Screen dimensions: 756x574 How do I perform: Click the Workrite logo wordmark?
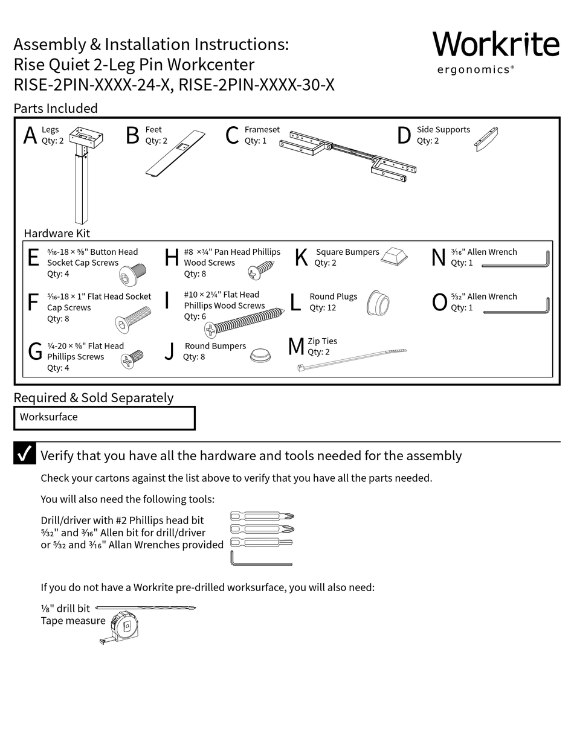click(495, 45)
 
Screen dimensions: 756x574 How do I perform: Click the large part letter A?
click(30, 136)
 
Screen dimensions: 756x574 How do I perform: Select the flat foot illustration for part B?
click(174, 153)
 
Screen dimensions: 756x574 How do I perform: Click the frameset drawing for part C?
click(347, 153)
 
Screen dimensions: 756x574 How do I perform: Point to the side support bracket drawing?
click(486, 139)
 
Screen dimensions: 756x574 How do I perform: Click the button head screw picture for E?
click(132, 275)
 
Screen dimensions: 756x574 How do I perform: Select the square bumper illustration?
click(394, 256)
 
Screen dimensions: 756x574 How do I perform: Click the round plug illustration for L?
click(378, 303)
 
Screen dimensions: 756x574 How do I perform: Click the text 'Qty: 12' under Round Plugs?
click(323, 308)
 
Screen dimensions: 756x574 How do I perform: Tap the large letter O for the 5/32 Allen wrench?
click(439, 302)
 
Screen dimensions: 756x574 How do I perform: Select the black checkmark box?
click(25, 453)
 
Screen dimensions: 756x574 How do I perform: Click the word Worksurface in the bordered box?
click(48, 417)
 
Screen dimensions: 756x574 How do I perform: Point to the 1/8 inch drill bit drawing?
click(146, 607)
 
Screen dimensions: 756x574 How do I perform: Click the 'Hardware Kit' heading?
click(57, 234)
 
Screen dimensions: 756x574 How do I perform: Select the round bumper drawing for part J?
click(260, 354)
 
